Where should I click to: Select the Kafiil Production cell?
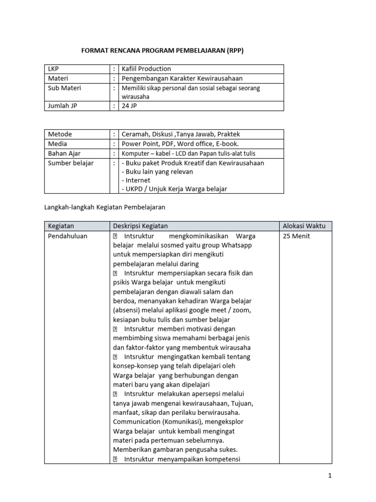pos(146,69)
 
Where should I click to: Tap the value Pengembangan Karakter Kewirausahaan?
pos(182,78)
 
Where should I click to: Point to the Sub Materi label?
pos(64,88)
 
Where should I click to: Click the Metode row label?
pos(60,134)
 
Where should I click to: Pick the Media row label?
pos(57,144)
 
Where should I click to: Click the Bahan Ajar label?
pos(64,153)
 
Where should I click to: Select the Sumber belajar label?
pos(70,163)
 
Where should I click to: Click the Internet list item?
pos(138,180)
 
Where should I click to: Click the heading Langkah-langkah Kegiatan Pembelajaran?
pos(105,207)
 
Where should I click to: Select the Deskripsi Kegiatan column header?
pos(140,226)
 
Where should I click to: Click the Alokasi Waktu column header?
pos(304,226)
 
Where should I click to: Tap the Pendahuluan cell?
pos(68,236)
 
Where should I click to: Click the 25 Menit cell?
pos(296,236)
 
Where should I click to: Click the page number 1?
pos(330,476)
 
